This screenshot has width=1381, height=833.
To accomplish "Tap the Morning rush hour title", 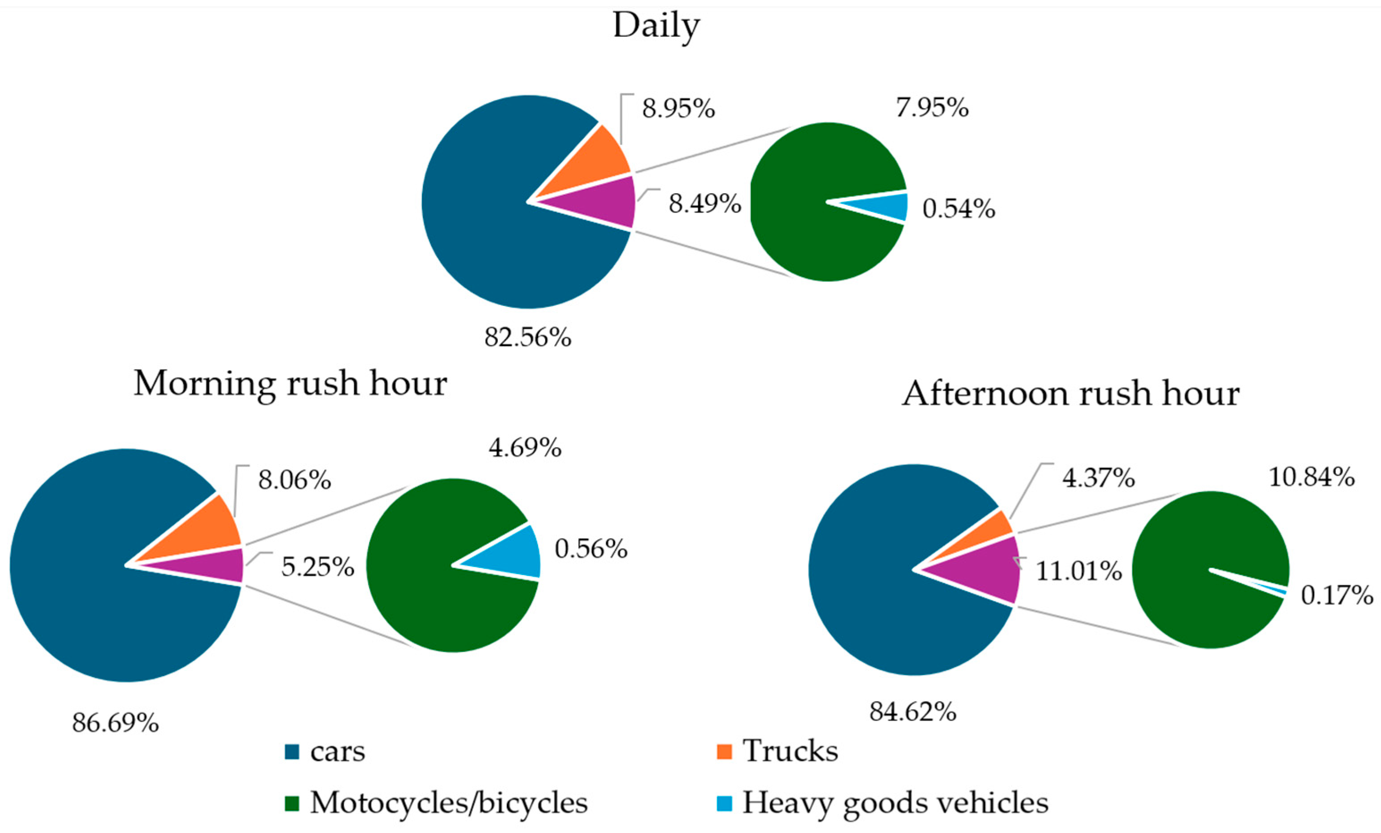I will click(291, 384).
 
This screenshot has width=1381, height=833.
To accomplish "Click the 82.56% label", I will click(528, 338).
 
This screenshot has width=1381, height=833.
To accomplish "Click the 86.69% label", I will click(115, 723).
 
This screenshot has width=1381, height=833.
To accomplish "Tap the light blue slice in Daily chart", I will click(888, 207).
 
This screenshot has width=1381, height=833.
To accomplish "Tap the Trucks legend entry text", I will click(790, 751).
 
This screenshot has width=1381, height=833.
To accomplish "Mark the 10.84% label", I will click(1311, 477).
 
